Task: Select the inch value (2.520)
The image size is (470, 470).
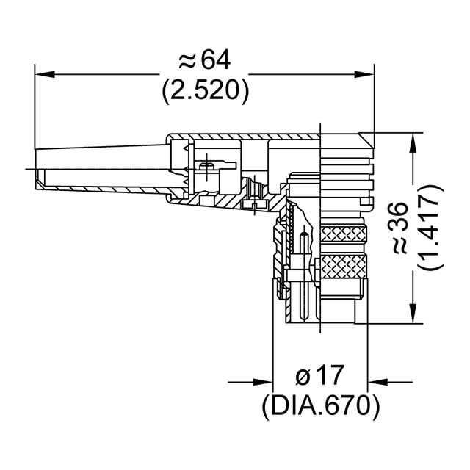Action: click(204, 90)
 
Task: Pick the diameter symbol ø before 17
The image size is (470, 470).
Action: click(303, 376)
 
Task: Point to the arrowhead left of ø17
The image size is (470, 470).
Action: click(264, 382)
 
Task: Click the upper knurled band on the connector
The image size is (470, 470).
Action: click(342, 235)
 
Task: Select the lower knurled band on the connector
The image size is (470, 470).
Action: click(342, 264)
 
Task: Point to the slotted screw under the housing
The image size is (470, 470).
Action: click(254, 204)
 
